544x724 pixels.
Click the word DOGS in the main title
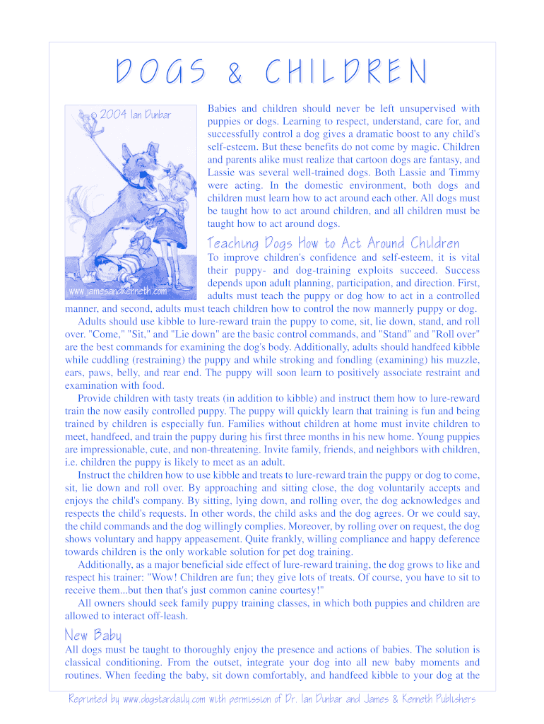click(x=160, y=72)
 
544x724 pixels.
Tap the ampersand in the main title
click(x=233, y=73)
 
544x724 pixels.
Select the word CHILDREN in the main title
click(x=346, y=72)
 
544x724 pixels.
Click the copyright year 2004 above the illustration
click(x=114, y=115)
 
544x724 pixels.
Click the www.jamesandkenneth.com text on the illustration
click(x=117, y=291)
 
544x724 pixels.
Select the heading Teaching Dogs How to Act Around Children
click(x=333, y=243)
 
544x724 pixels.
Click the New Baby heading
click(x=93, y=634)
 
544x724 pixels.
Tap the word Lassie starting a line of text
click(x=223, y=173)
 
